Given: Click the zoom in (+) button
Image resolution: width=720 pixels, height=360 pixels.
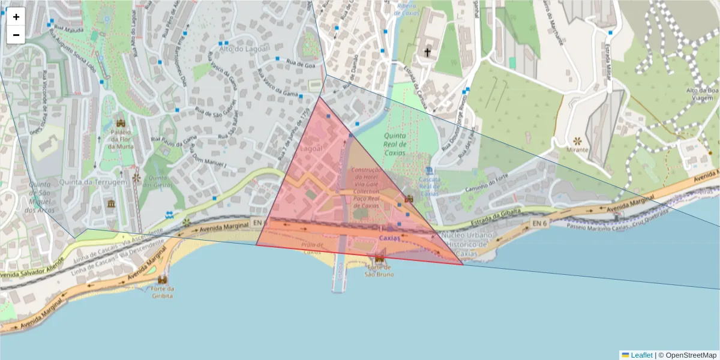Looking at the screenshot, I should pyautogui.click(x=16, y=17).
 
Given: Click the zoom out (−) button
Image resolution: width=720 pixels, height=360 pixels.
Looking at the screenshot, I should pyautogui.click(x=16, y=35).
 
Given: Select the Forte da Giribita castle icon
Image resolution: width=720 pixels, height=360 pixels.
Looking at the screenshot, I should pyautogui.click(x=163, y=280).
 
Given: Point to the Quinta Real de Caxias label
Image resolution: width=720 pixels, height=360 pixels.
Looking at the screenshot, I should pyautogui.click(x=395, y=144).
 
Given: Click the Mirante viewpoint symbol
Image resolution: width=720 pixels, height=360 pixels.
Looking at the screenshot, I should pyautogui.click(x=578, y=140).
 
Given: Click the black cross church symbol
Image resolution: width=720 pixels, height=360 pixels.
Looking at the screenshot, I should pyautogui.click(x=427, y=53).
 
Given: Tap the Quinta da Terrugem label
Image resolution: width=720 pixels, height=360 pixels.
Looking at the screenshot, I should pyautogui.click(x=93, y=182).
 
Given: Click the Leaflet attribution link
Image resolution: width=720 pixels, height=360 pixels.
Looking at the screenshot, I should pyautogui.click(x=641, y=355).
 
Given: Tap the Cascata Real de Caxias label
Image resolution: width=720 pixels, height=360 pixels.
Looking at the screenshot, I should pyautogui.click(x=430, y=186).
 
